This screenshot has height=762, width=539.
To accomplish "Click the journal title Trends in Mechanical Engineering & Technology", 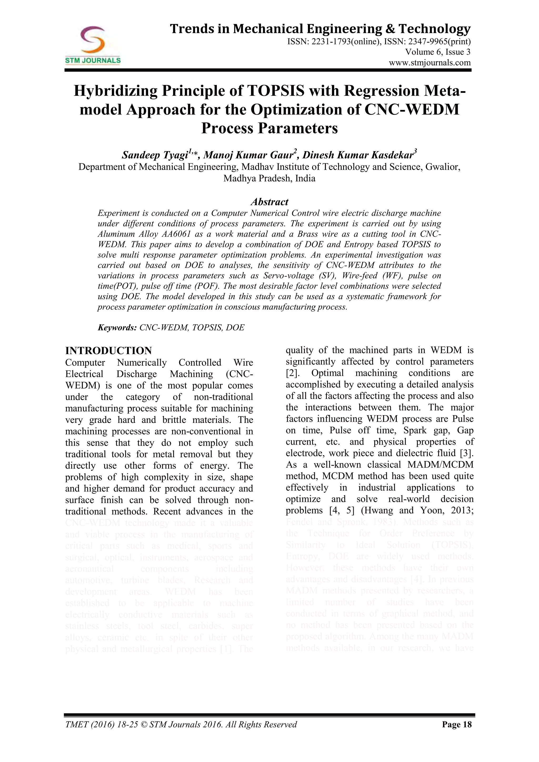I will click(320, 29).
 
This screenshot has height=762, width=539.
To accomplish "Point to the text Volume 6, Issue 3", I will click(437, 52).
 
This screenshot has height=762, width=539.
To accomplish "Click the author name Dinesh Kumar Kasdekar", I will click(358, 155).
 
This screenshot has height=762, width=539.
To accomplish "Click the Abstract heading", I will click(269, 202).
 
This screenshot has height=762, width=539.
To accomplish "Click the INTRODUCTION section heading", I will click(108, 351).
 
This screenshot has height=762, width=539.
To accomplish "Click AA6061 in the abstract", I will click(176, 234).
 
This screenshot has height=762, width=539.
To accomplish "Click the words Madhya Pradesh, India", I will click(269, 179).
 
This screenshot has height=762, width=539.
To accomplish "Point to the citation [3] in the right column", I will click(467, 453).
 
